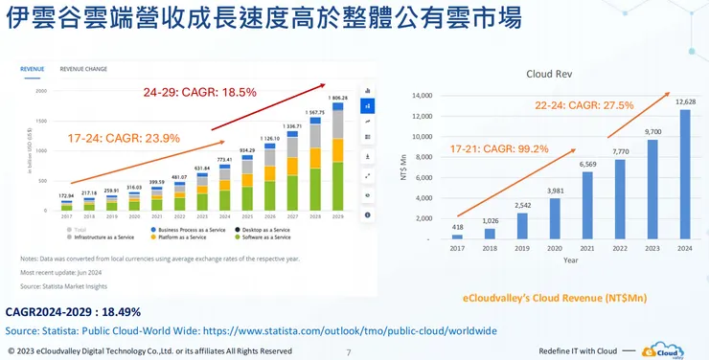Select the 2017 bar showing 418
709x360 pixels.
[457, 236]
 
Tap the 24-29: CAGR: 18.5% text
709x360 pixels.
[199, 93]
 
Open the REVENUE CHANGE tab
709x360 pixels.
[83, 69]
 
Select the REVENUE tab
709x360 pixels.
[34, 69]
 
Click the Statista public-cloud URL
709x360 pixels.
[347, 330]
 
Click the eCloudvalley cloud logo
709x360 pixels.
[665, 350]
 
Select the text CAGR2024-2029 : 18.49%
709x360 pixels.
[74, 312]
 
